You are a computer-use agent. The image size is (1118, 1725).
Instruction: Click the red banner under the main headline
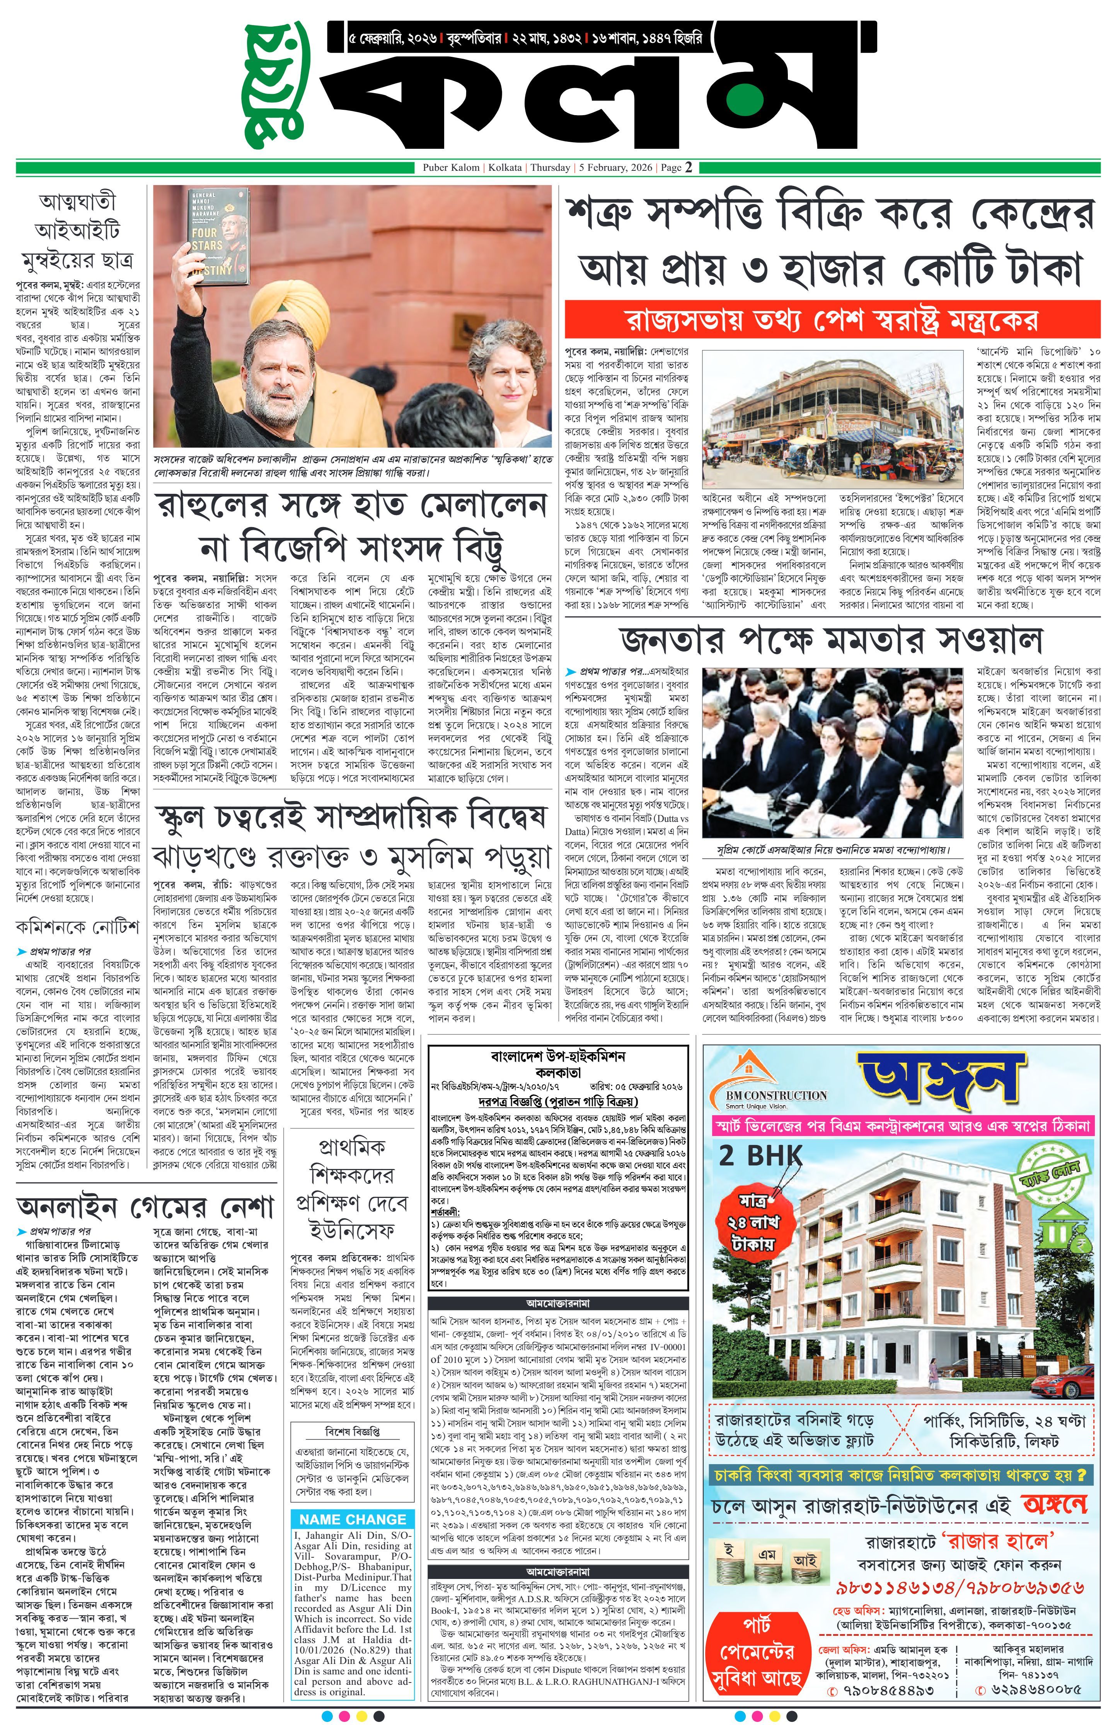tap(832, 320)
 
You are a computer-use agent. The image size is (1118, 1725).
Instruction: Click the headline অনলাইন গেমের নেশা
tap(145, 1207)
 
